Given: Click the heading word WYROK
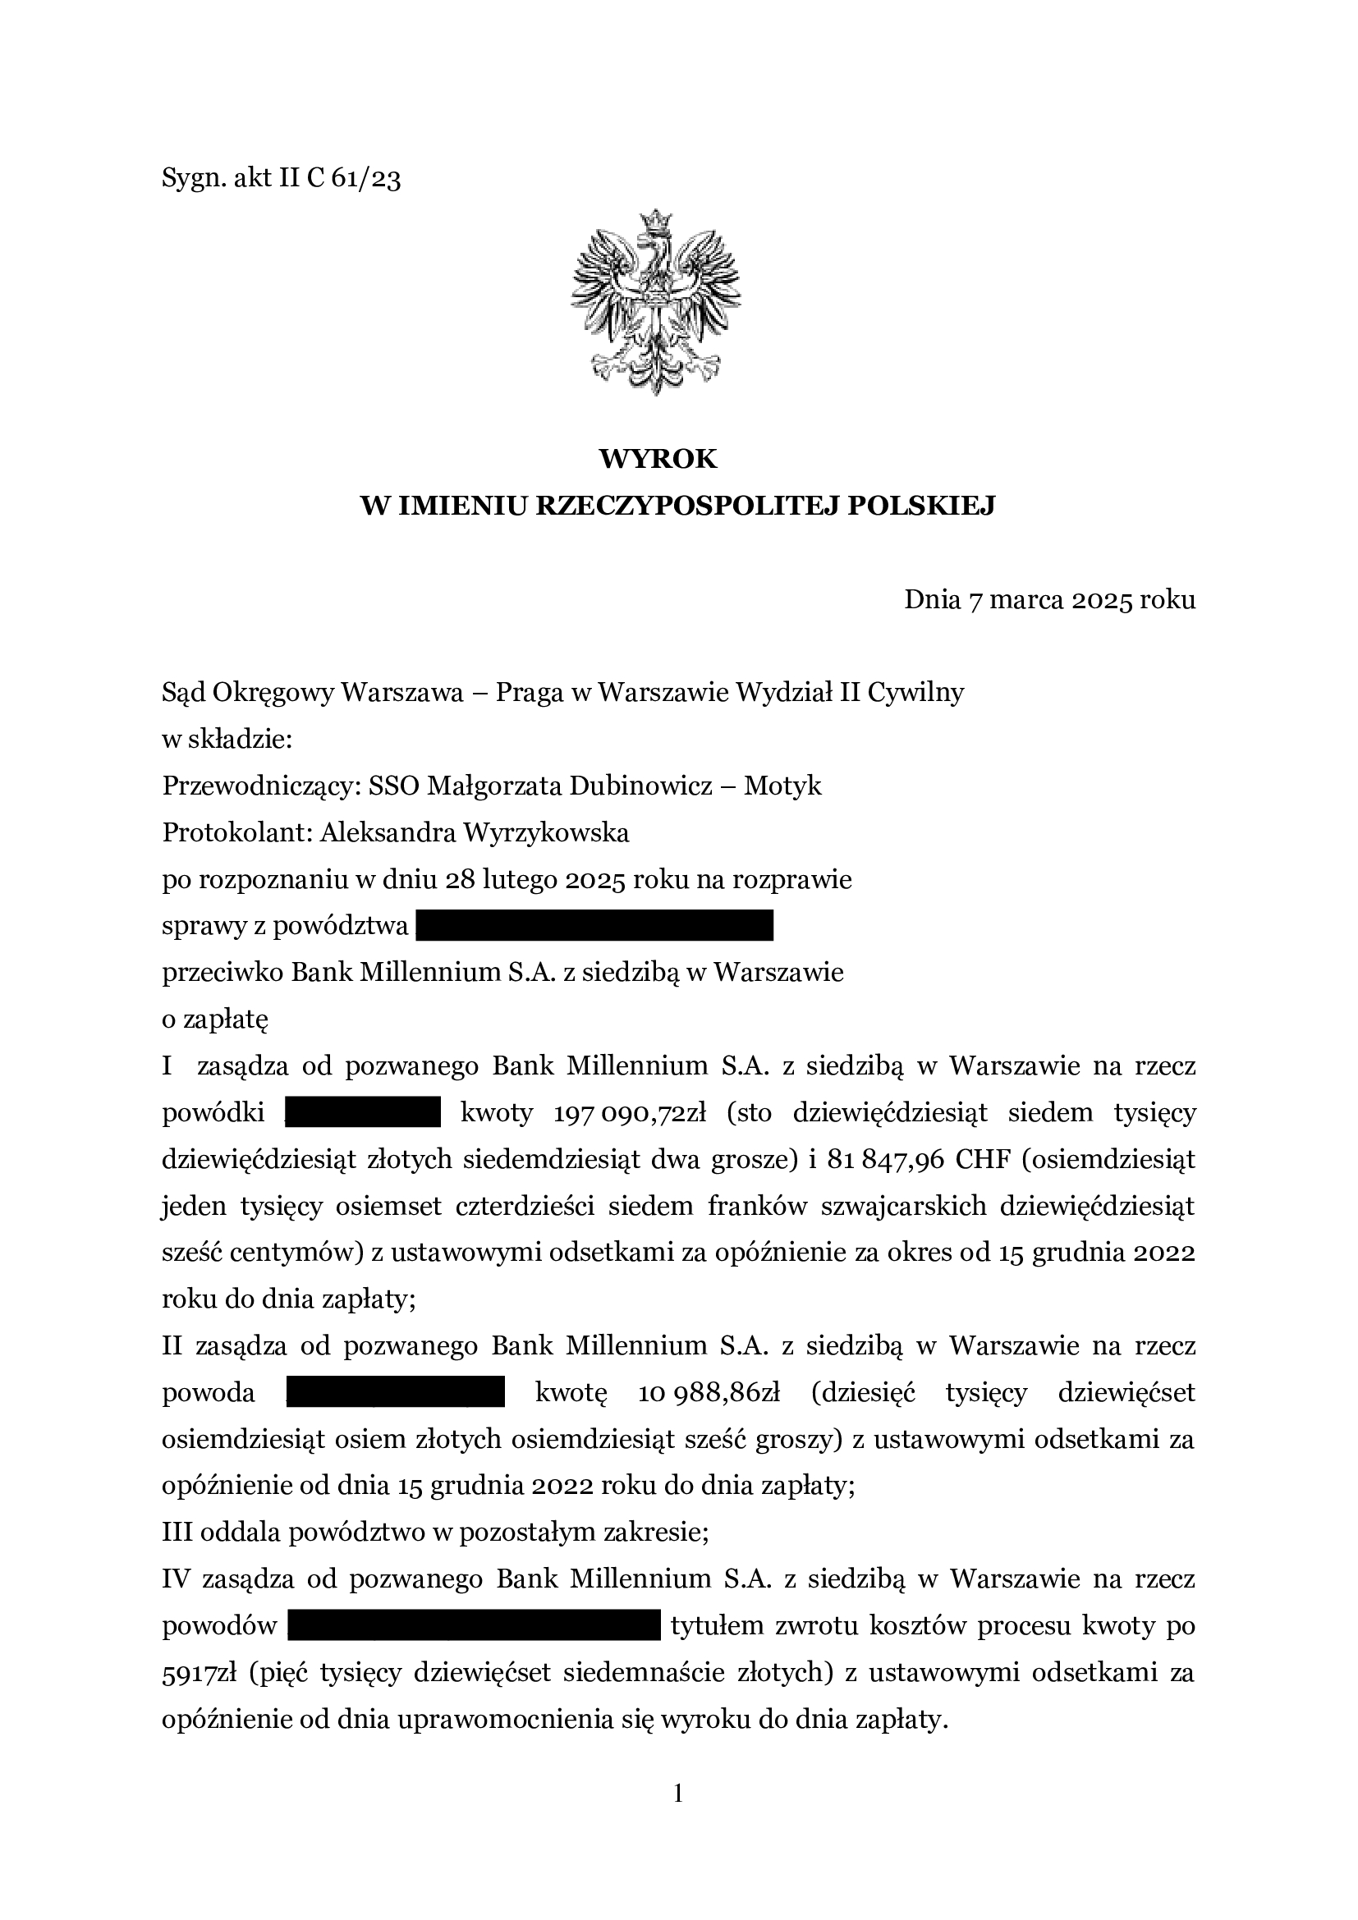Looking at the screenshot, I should (658, 458).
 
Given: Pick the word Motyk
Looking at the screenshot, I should (782, 786).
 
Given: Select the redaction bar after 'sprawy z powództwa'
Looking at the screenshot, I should (594, 927).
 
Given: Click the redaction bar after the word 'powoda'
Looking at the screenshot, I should (396, 1393).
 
